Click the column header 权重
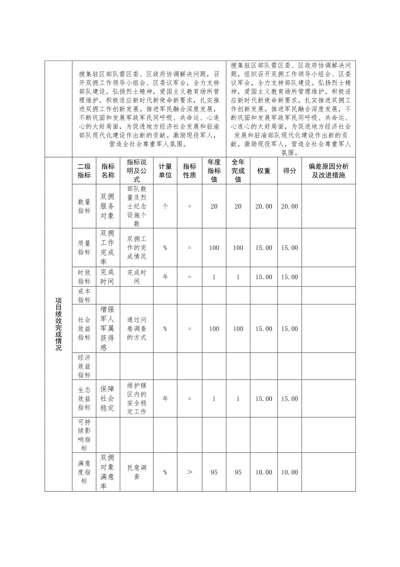pos(264,171)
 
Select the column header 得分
pos(289,171)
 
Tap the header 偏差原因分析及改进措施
pos(328,171)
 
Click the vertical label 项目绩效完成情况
pos(58,324)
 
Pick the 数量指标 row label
pos(84,206)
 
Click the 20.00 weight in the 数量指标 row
pos(264,206)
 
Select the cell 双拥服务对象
pos(108,206)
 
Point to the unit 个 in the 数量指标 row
pos(165,206)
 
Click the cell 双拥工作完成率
pos(108,247)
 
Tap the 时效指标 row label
pos(84,277)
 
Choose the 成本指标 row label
pos(84,295)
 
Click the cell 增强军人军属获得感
pos(108,328)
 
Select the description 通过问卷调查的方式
pos(137,329)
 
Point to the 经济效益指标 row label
pos(84,366)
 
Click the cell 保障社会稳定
pos(108,398)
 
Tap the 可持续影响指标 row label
pos(84,435)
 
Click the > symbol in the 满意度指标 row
pos(190,472)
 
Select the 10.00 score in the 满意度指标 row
pos(289,472)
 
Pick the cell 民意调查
pos(137,472)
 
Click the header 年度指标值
pos(214,171)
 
